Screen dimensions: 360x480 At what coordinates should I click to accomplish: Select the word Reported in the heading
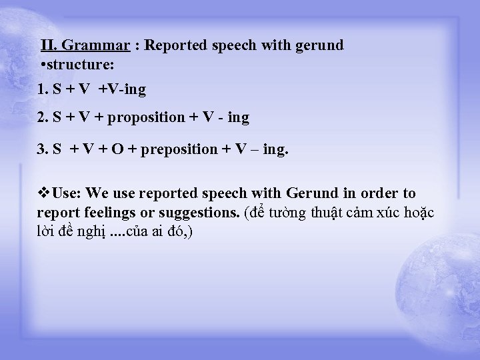point(175,46)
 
